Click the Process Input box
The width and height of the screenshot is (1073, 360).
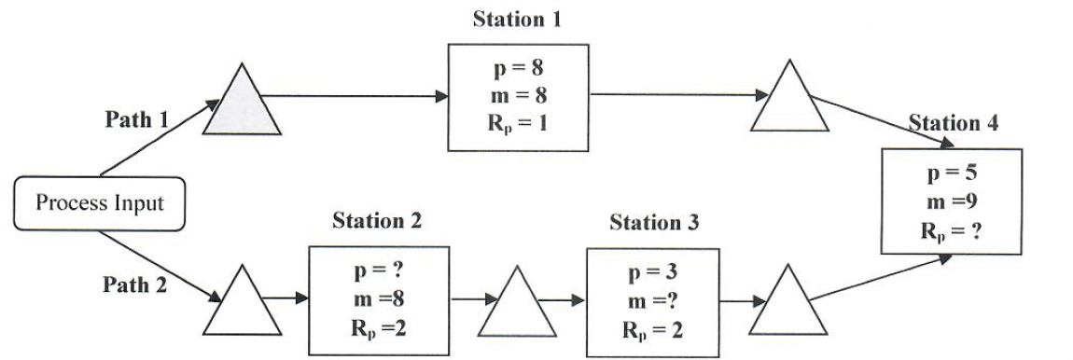pos(100,202)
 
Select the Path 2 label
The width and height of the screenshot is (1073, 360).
pos(135,284)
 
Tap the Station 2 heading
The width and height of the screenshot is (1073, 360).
pos(377,221)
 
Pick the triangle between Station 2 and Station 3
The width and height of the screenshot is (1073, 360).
pos(515,307)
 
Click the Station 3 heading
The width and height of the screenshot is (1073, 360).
pos(654,223)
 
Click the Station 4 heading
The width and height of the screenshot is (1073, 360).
pos(952,124)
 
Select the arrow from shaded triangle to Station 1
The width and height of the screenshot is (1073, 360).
pos(355,94)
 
